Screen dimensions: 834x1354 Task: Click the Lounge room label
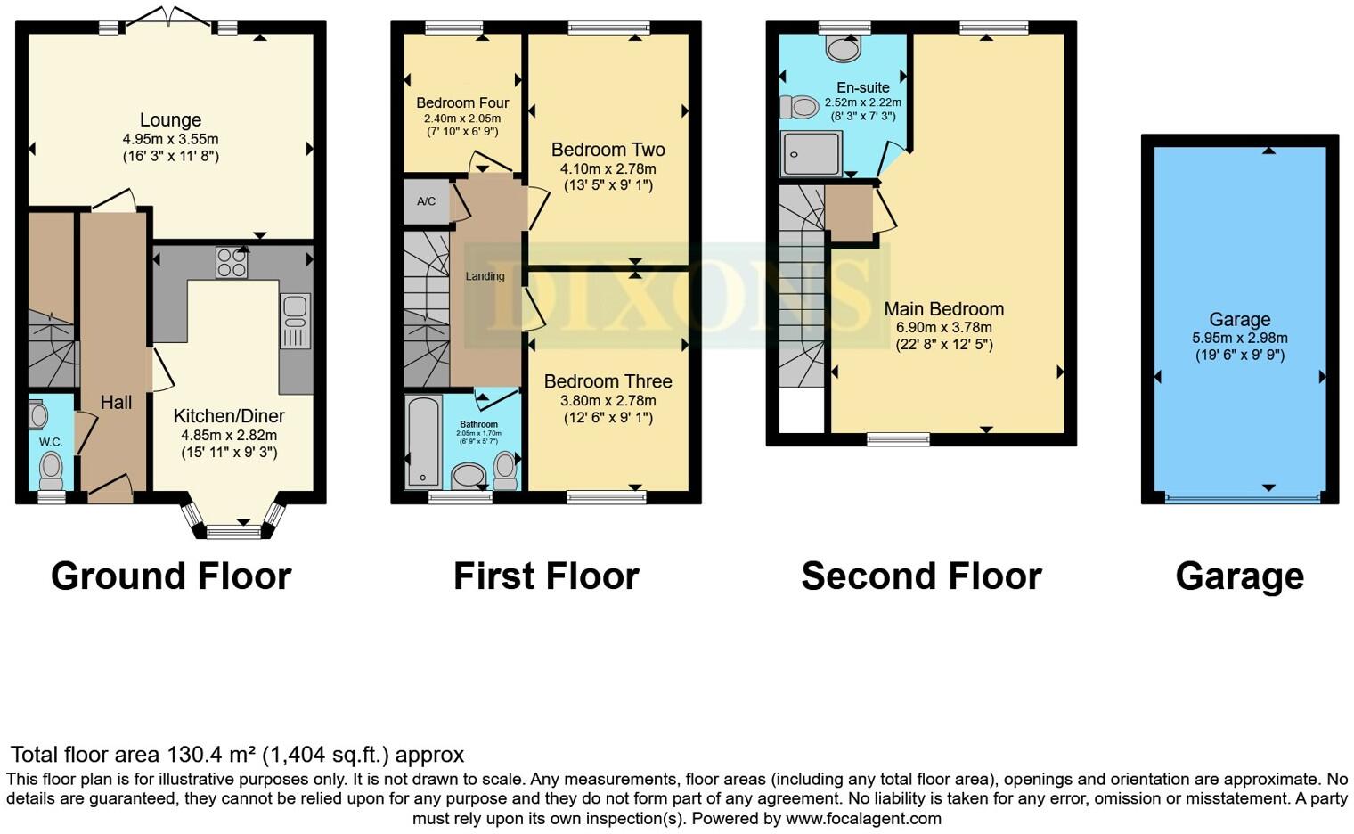tap(170, 120)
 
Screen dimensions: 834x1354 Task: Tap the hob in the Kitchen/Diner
tap(232, 263)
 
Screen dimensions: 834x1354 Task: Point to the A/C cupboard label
tap(427, 201)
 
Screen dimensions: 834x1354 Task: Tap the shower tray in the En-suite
tap(811, 153)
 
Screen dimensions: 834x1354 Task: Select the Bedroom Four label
tap(462, 103)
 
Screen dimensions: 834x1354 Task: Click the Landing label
tap(485, 276)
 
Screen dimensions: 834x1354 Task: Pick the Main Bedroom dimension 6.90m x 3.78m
tap(943, 328)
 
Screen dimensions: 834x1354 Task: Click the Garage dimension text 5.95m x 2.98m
tap(1239, 339)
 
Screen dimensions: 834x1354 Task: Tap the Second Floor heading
tap(921, 576)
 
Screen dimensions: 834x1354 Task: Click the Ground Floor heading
tap(171, 576)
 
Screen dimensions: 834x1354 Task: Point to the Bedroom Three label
tap(608, 381)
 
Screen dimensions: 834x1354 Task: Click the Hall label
tap(116, 403)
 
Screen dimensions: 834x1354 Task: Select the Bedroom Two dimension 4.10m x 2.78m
tap(608, 169)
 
